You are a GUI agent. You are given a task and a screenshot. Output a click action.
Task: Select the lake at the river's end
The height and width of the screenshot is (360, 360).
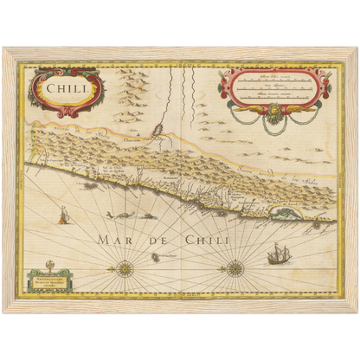click(159, 132)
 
